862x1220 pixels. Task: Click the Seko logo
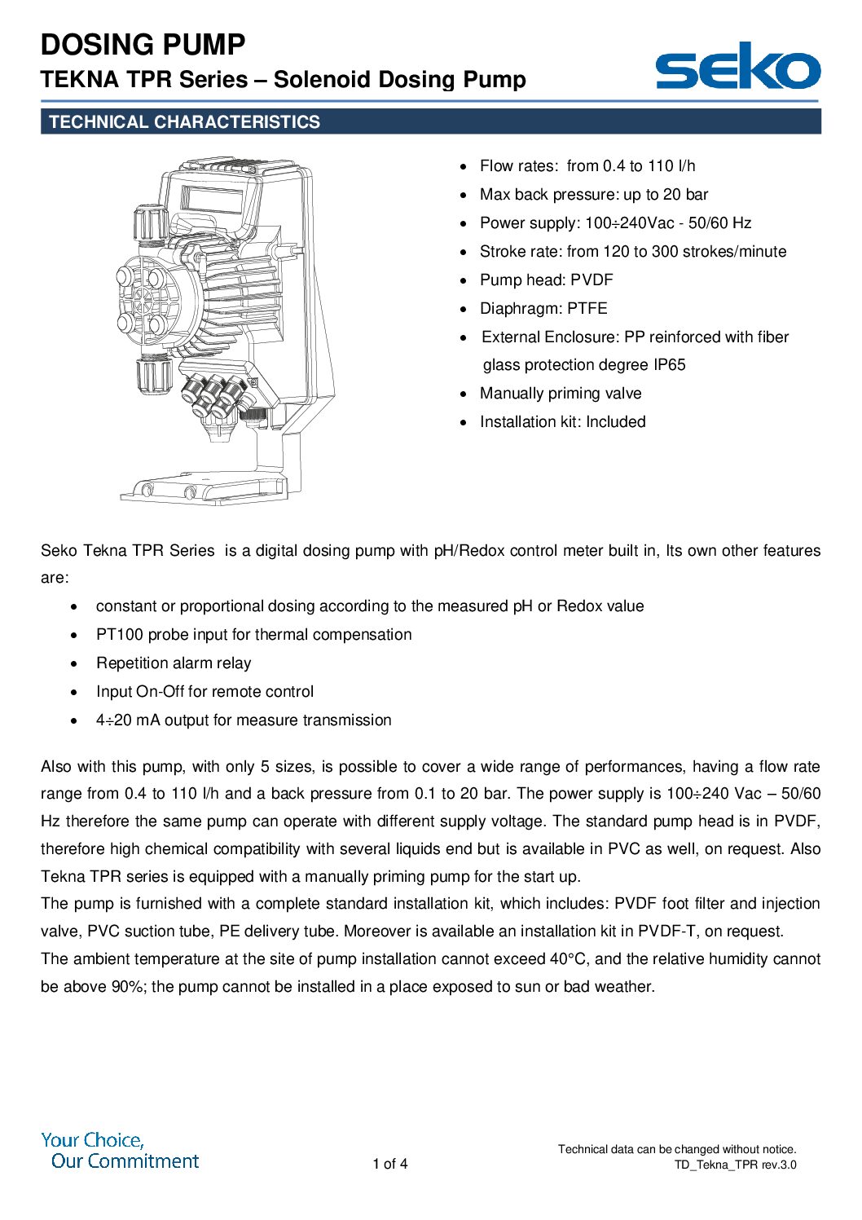(737, 65)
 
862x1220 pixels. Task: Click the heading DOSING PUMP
(143, 44)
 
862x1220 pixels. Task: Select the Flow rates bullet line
(587, 166)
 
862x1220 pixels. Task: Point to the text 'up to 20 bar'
(666, 195)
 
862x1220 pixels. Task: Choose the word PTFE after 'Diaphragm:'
(588, 309)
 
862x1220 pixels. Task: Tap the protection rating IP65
(670, 365)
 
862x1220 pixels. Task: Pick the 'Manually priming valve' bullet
(561, 394)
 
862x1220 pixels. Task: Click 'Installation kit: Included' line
(562, 422)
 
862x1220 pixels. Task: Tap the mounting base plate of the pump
(204, 491)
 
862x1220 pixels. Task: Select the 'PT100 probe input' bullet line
(253, 635)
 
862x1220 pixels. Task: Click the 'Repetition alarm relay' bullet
(174, 663)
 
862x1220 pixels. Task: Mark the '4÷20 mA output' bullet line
(244, 720)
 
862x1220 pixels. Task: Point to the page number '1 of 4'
(390, 1164)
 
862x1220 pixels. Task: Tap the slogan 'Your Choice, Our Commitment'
(121, 1151)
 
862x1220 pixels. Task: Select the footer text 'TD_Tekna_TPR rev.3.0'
(735, 1165)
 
